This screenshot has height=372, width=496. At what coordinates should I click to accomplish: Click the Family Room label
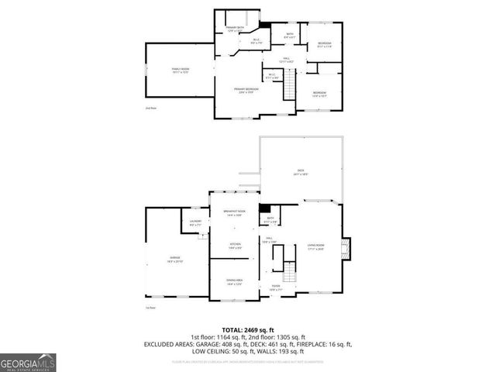click(x=180, y=71)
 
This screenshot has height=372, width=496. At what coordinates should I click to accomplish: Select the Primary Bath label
click(x=235, y=29)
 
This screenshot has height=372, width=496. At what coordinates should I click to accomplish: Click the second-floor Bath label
click(x=289, y=35)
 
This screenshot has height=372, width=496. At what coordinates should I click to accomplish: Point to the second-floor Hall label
click(x=286, y=59)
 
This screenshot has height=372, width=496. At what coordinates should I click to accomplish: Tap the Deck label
click(x=301, y=173)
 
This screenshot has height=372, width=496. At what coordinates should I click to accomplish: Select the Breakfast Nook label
click(x=234, y=213)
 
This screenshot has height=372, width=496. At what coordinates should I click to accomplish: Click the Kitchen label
click(x=234, y=246)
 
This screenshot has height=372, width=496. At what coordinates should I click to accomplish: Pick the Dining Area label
click(x=234, y=282)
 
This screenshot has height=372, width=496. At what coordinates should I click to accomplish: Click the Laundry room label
click(x=195, y=224)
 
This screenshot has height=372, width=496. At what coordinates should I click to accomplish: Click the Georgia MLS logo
click(x=28, y=361)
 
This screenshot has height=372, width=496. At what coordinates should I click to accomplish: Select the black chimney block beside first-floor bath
click(x=263, y=208)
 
